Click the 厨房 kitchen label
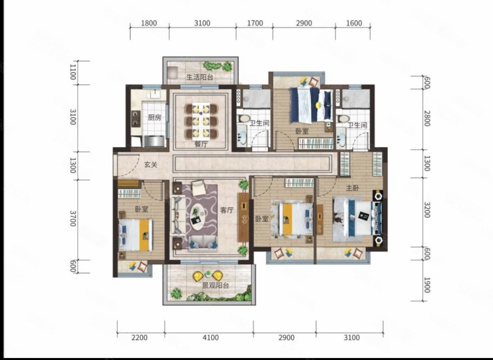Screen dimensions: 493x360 154,118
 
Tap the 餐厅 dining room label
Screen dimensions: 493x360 201,144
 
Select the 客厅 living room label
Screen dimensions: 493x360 227,210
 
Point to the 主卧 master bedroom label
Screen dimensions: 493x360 352,188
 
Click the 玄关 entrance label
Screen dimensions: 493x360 151,164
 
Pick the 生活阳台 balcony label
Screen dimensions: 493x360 199,77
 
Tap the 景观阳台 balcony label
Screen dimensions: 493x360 216,286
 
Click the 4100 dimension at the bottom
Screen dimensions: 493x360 211,338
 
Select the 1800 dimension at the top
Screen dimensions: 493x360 149,23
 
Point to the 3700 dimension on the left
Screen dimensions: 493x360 73,218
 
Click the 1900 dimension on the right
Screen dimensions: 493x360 427,285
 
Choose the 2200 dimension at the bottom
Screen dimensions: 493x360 140,338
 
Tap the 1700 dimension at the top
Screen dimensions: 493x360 255,23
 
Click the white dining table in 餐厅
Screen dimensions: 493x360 201,121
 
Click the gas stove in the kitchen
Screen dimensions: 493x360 136,119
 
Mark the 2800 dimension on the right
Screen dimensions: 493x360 427,119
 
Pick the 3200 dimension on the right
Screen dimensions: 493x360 427,210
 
